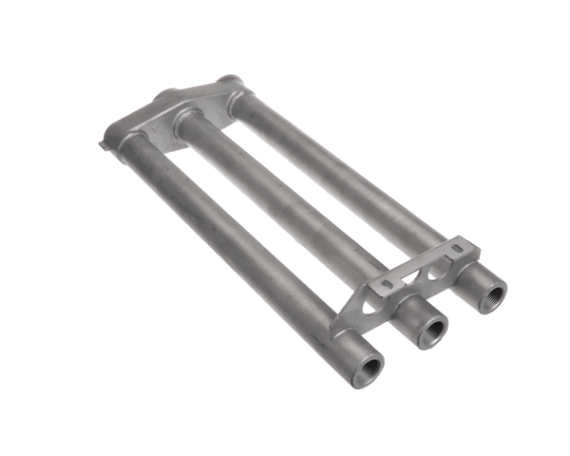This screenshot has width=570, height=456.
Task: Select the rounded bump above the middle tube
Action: pyautogui.click(x=163, y=95)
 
